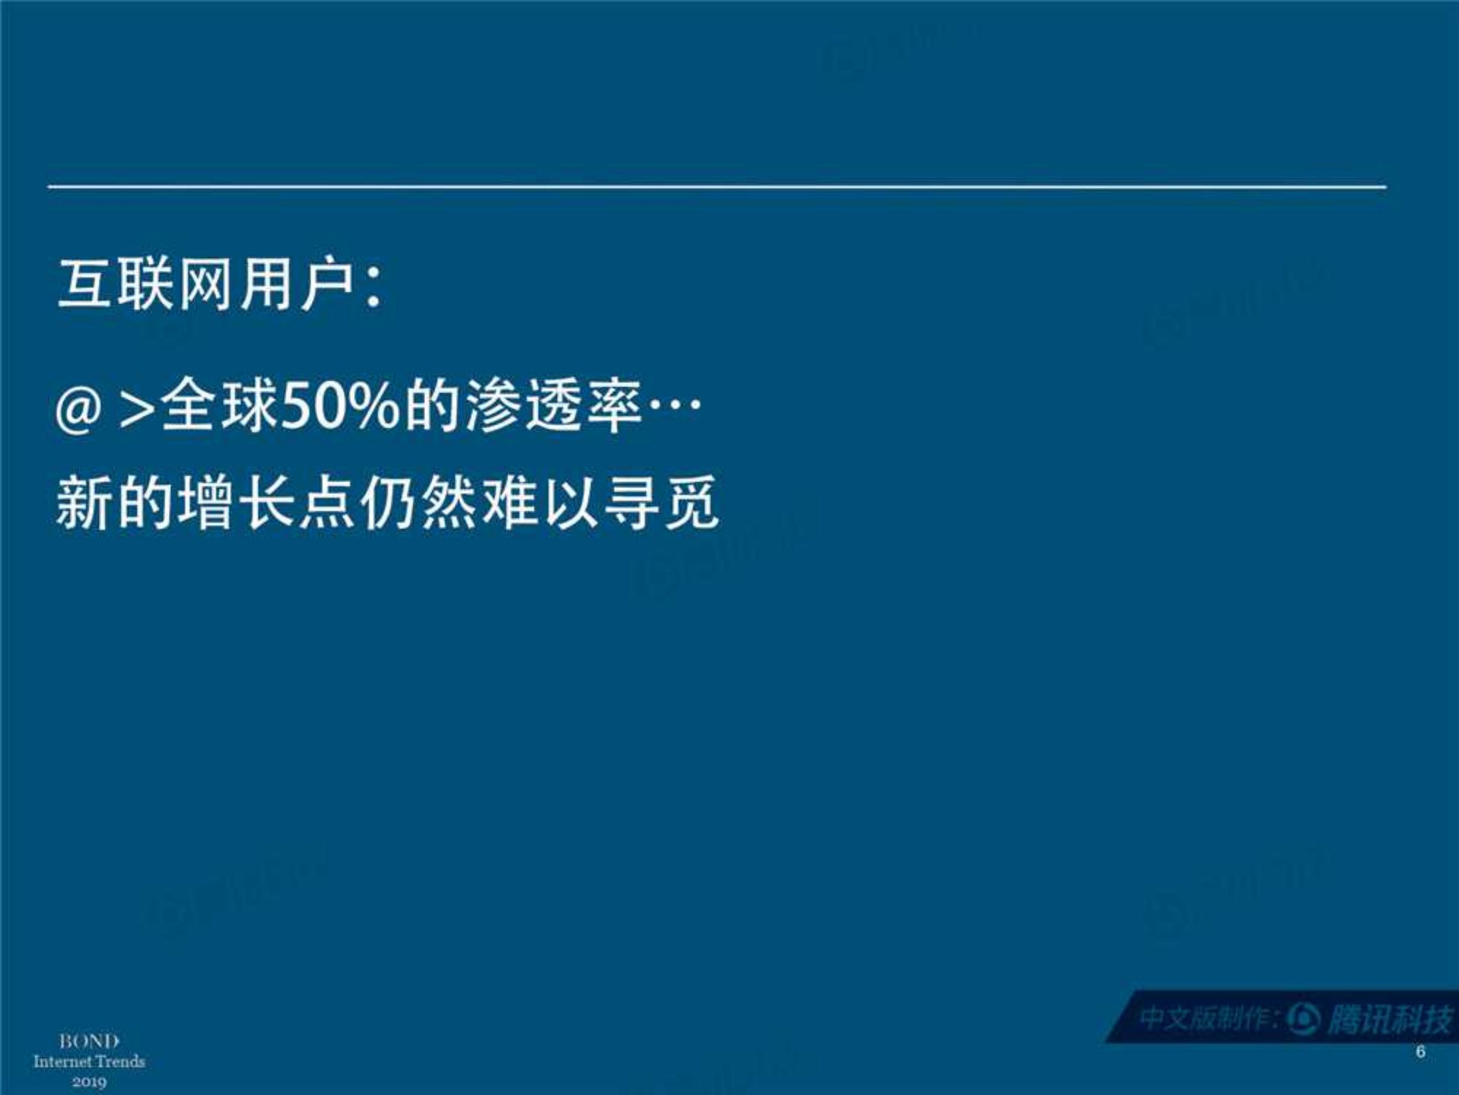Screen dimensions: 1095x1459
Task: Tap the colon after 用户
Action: pyautogui.click(x=373, y=290)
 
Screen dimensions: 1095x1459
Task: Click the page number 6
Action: pyautogui.click(x=1420, y=1051)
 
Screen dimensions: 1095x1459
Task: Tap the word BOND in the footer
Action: pyautogui.click(x=89, y=1042)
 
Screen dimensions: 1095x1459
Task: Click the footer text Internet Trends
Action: pyautogui.click(x=89, y=1061)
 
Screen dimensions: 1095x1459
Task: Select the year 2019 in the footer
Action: pyautogui.click(x=89, y=1081)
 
